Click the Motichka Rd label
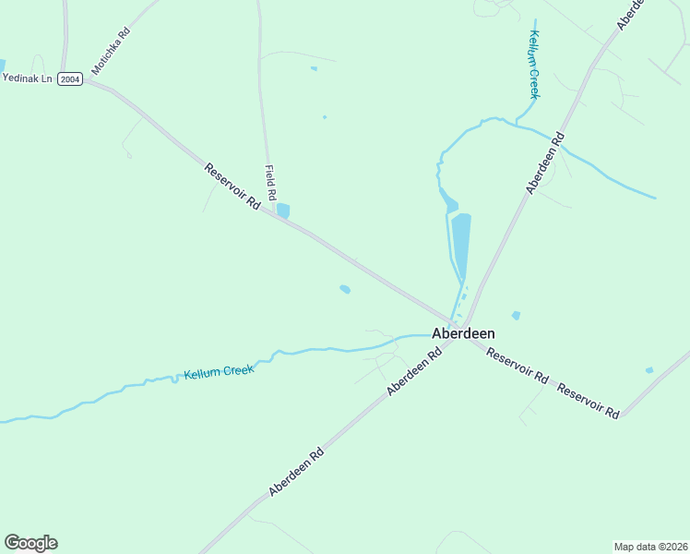coord(111,51)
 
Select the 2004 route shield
coord(70,80)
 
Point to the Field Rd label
coord(270,183)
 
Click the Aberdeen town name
coord(463,334)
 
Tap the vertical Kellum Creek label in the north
coord(533,65)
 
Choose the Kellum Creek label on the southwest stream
coord(219,371)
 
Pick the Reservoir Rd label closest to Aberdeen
coord(517,366)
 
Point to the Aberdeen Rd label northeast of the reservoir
coord(545,163)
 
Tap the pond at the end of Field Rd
coord(283,211)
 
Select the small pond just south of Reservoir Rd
coord(345,289)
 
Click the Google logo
coord(30,543)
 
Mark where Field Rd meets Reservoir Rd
coord(274,213)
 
